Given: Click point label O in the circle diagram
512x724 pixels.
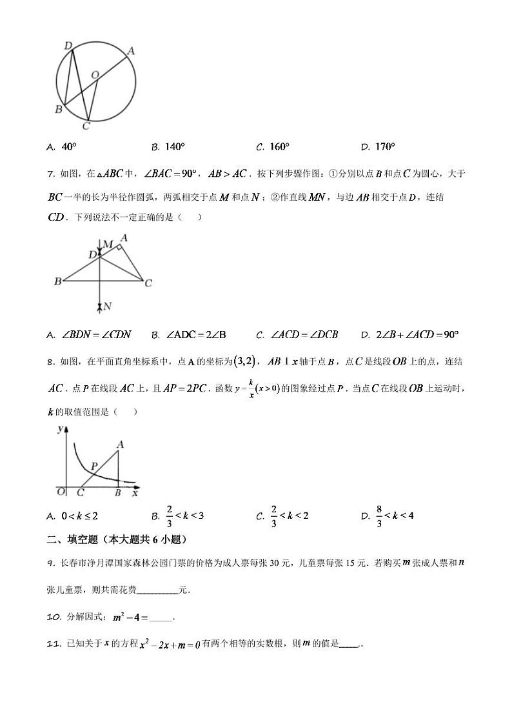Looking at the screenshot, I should pos(95,75).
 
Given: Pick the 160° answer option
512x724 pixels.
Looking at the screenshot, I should pos(273,147).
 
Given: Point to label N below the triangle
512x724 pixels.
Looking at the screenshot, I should pos(108,307).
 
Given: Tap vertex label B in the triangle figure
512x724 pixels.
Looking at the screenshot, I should pos(58,281).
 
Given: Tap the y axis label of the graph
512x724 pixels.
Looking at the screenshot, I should pos(59,429).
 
